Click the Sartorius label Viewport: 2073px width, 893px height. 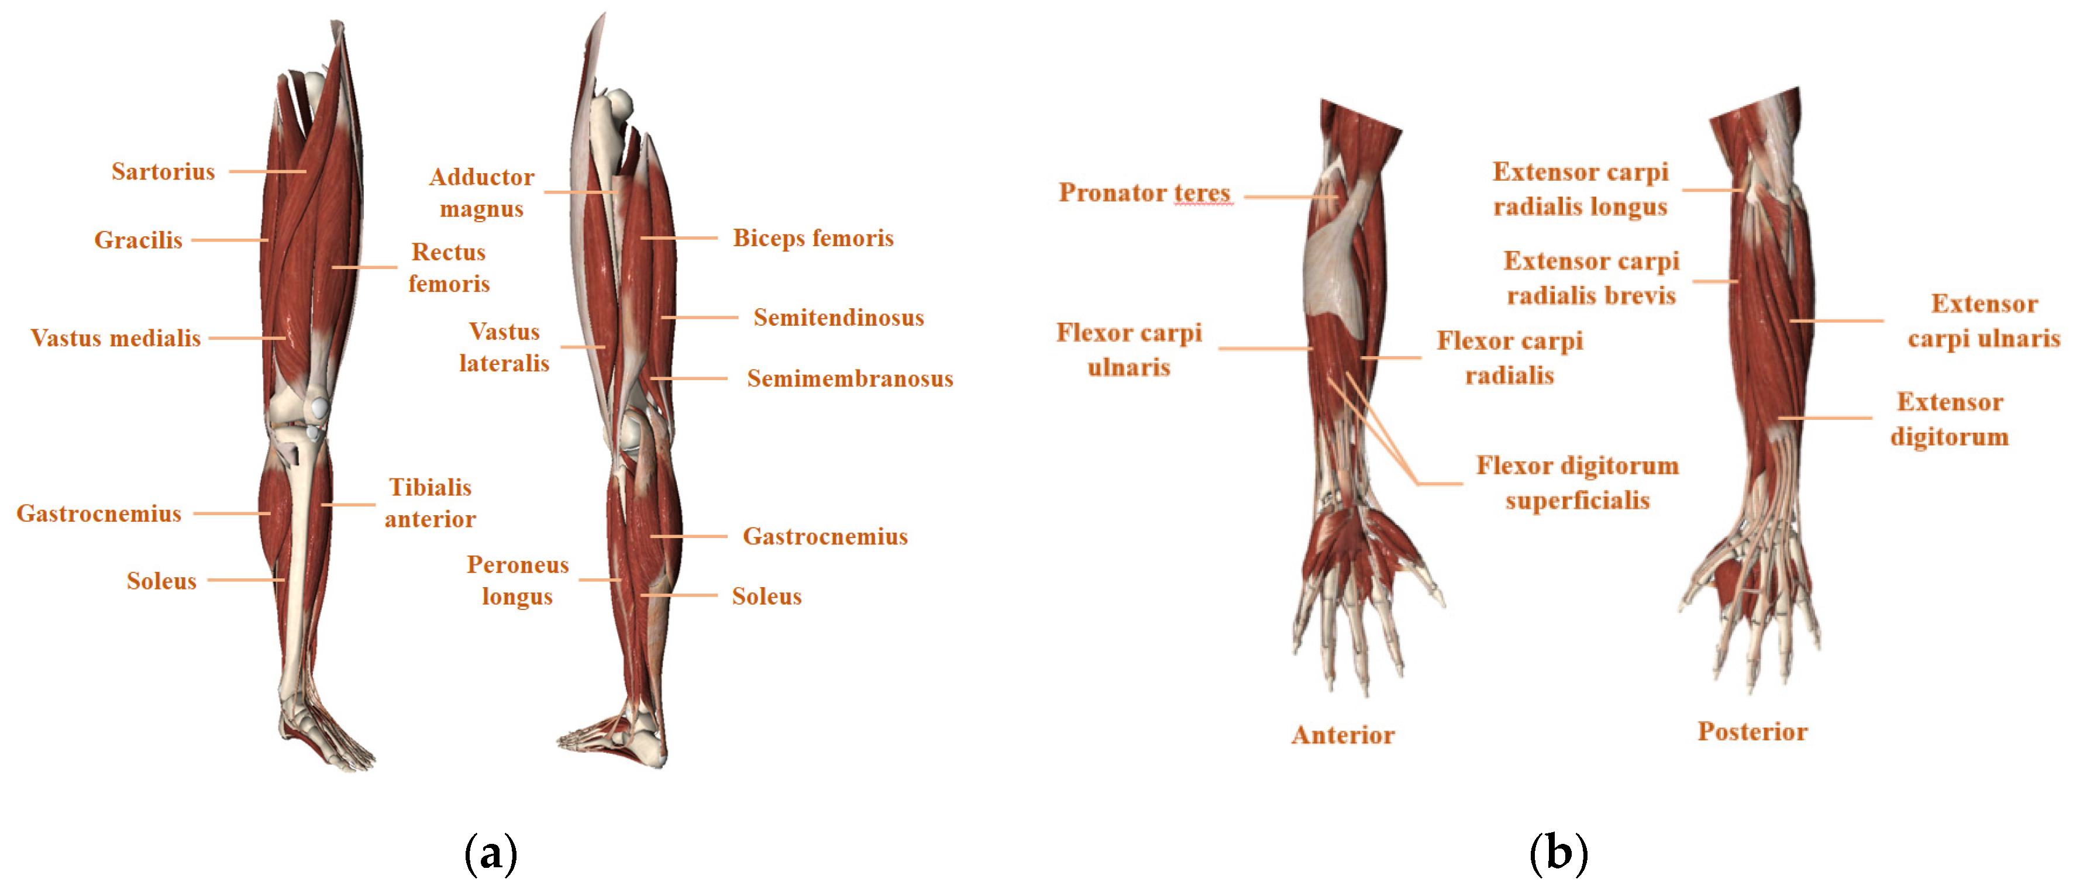coord(163,171)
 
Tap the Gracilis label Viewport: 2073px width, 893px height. coord(139,240)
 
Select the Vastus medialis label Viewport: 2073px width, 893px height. coord(115,338)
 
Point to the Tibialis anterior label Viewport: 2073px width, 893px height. coord(430,503)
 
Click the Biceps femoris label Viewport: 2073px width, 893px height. coord(813,238)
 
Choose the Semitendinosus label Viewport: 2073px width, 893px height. coord(839,318)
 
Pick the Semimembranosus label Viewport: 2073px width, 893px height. coord(850,379)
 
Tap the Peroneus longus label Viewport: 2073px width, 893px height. coord(518,580)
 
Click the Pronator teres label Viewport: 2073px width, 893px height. coord(1144,193)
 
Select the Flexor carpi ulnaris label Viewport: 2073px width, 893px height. coord(1129,350)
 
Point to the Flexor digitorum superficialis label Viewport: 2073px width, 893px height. coord(1578,482)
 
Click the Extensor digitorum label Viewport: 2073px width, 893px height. coord(1949,419)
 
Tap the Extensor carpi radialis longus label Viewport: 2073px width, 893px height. coord(1580,189)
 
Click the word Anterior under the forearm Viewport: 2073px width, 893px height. coord(1342,735)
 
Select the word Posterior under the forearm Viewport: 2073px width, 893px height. coord(1752,731)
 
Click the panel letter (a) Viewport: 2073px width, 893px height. coord(491,854)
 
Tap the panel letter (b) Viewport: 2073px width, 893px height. coord(1558,854)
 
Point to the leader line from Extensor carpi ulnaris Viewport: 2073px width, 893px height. coord(1837,321)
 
